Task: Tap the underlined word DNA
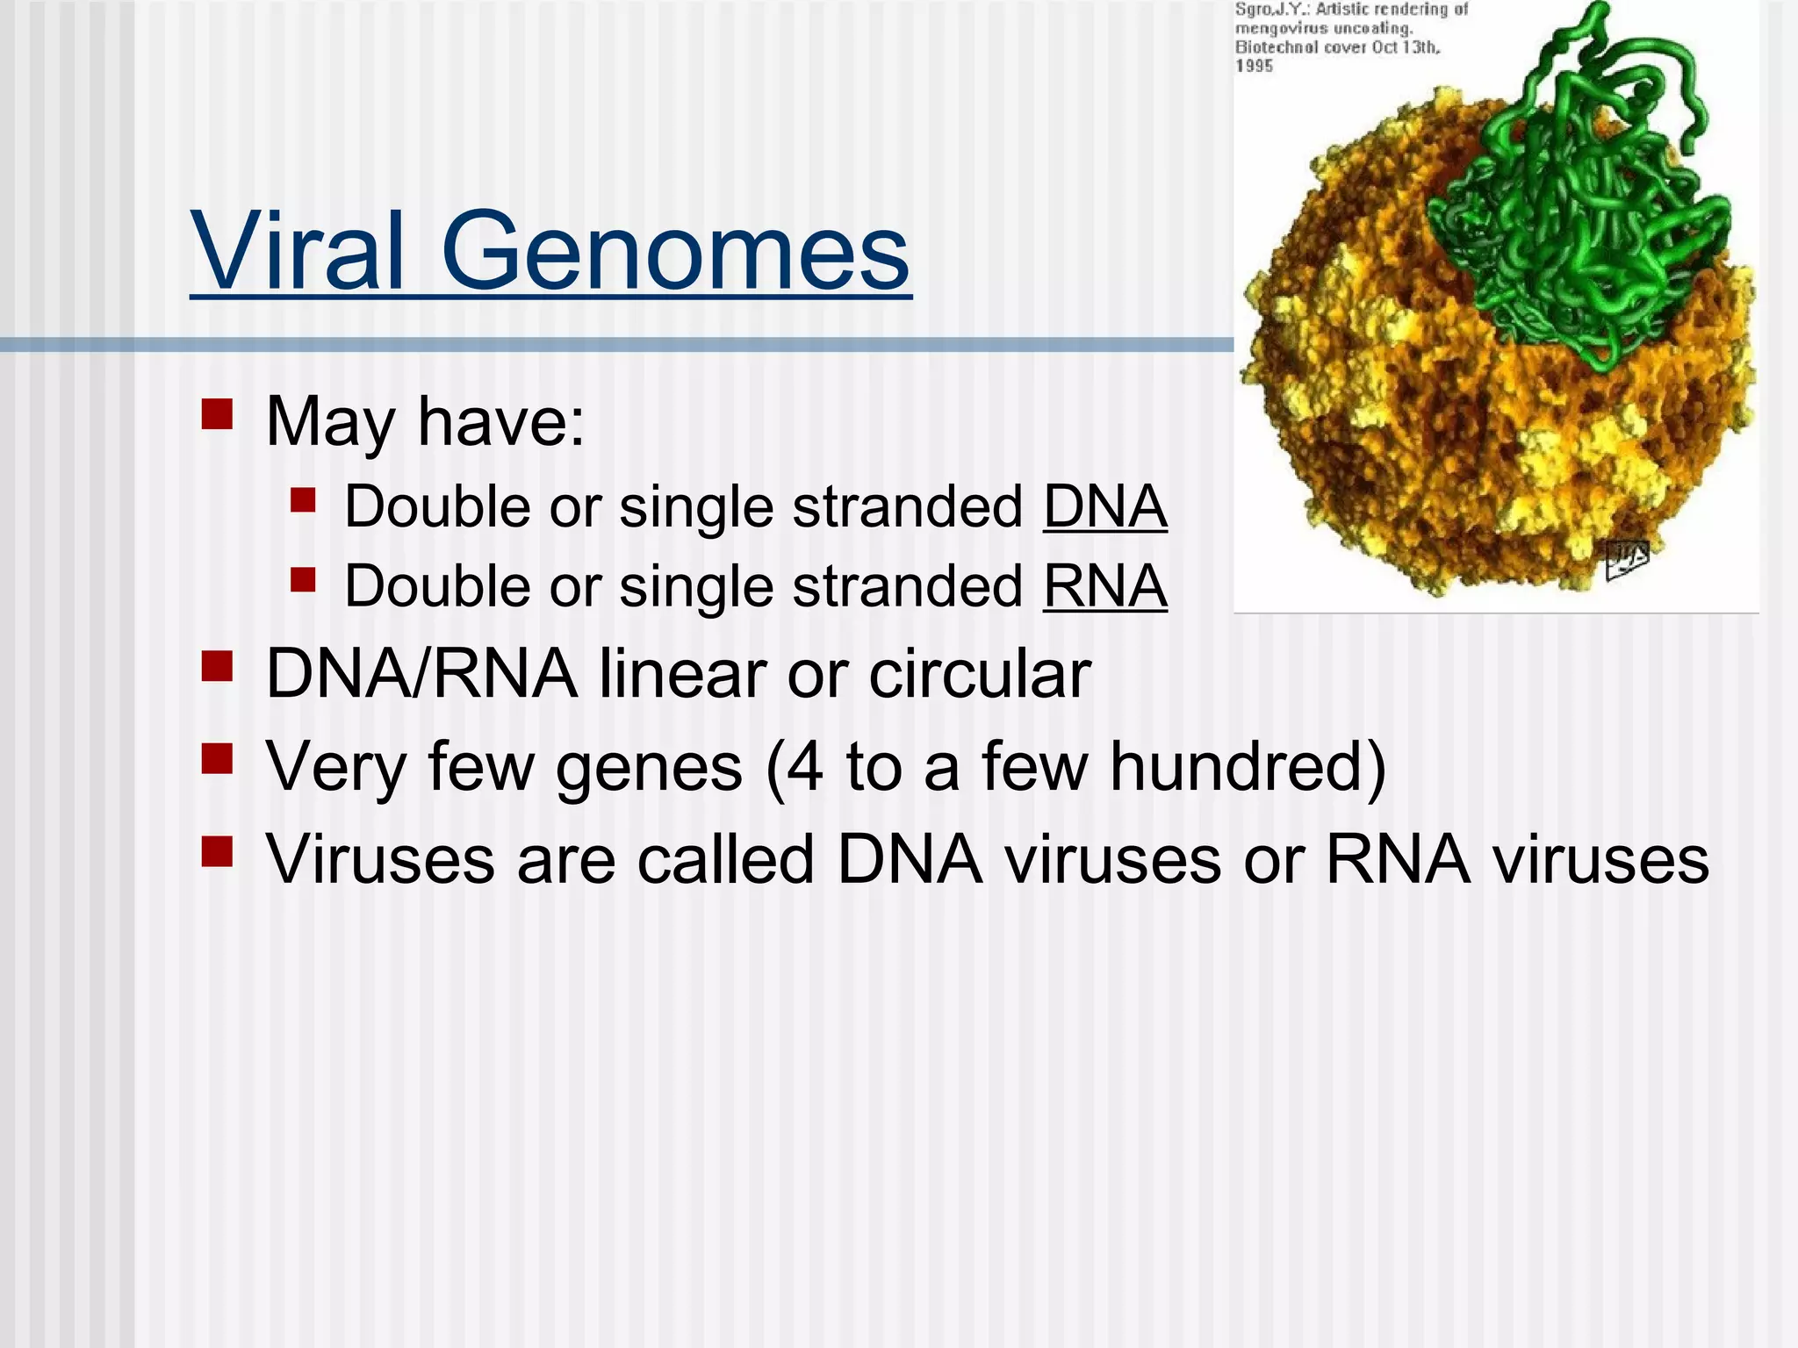pyautogui.click(x=1104, y=507)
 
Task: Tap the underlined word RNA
pyautogui.click(x=1104, y=586)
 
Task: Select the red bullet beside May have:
pyautogui.click(x=217, y=414)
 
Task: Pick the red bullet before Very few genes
pyautogui.click(x=217, y=759)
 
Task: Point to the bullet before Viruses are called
pyautogui.click(x=217, y=851)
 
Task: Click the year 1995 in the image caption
pyautogui.click(x=1254, y=66)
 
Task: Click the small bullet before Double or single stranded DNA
pyautogui.click(x=303, y=501)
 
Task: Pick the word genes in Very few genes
pyautogui.click(x=649, y=767)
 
